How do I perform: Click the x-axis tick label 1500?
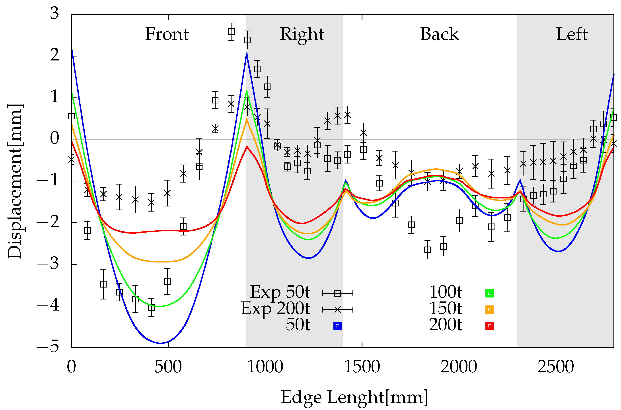coord(362,367)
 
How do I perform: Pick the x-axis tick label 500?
coord(168,367)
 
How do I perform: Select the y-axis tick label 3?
coord(54,13)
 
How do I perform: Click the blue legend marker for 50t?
coord(338,326)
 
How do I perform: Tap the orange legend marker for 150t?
coord(489,310)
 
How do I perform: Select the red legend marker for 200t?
coord(489,326)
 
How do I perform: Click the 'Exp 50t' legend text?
coord(280,292)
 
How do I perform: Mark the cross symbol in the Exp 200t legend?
coord(338,310)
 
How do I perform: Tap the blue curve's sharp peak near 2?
coord(247,54)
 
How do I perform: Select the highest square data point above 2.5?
coord(231,32)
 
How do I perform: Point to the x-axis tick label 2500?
coord(556,367)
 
